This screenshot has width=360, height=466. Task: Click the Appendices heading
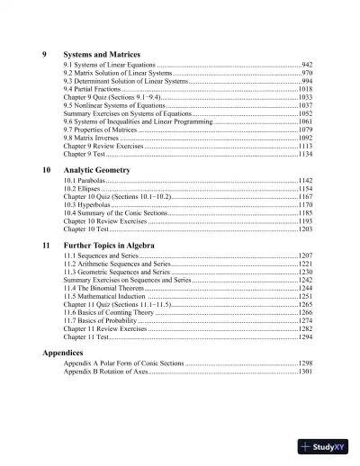pyautogui.click(x=67, y=353)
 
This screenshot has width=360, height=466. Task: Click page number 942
pyautogui.click(x=307, y=66)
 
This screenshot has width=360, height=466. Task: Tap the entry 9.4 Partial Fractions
pyautogui.click(x=93, y=90)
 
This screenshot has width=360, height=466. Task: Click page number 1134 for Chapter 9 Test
pyautogui.click(x=305, y=155)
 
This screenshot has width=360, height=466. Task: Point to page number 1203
pyautogui.click(x=305, y=229)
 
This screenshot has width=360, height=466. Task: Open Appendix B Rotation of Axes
pyautogui.click(x=105, y=372)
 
